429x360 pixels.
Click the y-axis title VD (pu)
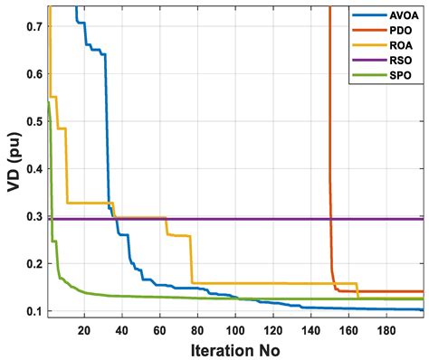pos(12,158)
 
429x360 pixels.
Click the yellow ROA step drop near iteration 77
pos(191,260)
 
